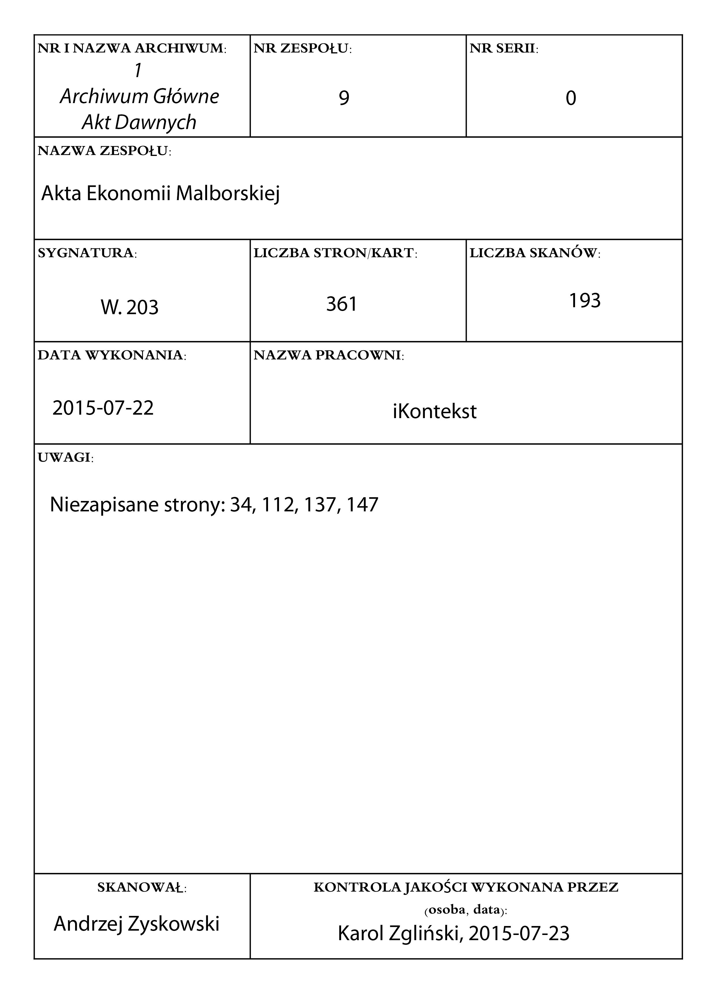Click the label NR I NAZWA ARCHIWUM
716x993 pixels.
(x=132, y=49)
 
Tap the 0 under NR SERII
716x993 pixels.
(x=571, y=98)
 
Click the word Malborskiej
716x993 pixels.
(x=227, y=193)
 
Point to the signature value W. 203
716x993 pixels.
(x=130, y=307)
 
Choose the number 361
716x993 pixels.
(x=342, y=304)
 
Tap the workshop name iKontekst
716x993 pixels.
(x=434, y=411)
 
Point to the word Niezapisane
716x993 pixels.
(x=104, y=505)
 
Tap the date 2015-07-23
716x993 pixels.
(x=519, y=934)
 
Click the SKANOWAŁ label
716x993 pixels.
(x=142, y=888)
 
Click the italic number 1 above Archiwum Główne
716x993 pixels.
(x=138, y=70)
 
